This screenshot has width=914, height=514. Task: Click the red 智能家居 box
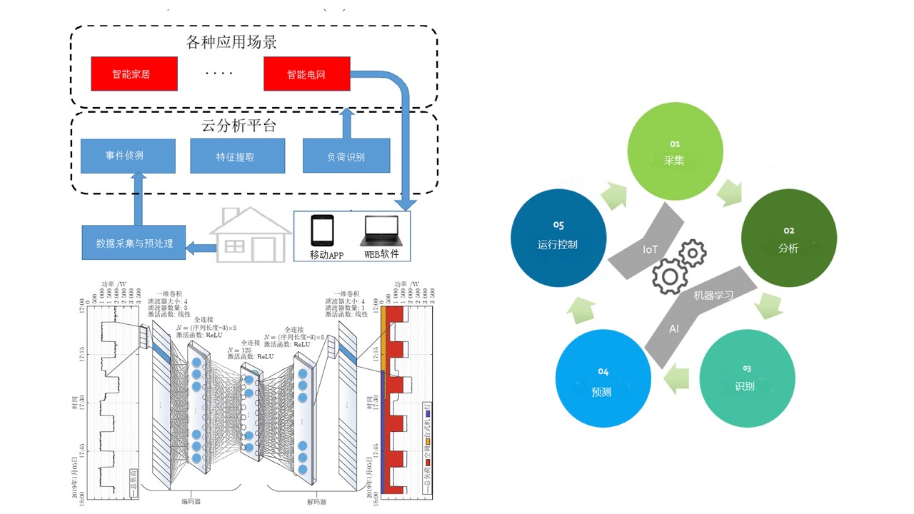click(134, 74)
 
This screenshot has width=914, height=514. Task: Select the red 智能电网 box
click(306, 74)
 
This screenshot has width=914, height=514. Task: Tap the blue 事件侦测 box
click(128, 156)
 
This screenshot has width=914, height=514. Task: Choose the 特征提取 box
click(238, 156)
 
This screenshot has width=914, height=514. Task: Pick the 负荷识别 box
click(346, 156)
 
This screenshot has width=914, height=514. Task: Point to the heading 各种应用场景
click(231, 42)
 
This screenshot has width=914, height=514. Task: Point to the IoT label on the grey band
click(650, 250)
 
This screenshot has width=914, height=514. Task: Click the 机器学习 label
click(713, 295)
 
